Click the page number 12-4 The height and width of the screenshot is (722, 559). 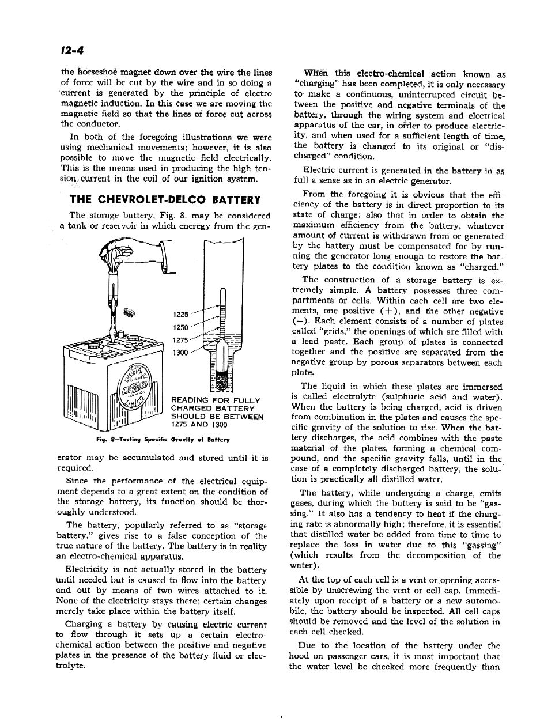tap(73, 50)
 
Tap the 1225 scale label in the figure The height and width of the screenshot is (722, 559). tap(180, 315)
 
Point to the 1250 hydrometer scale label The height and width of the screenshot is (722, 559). tap(180, 327)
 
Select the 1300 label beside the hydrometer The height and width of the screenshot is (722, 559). tap(180, 353)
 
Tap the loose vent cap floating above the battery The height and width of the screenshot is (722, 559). tap(129, 313)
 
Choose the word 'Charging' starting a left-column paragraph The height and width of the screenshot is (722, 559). tap(84, 625)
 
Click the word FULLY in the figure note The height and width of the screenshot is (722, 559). tap(248, 400)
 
